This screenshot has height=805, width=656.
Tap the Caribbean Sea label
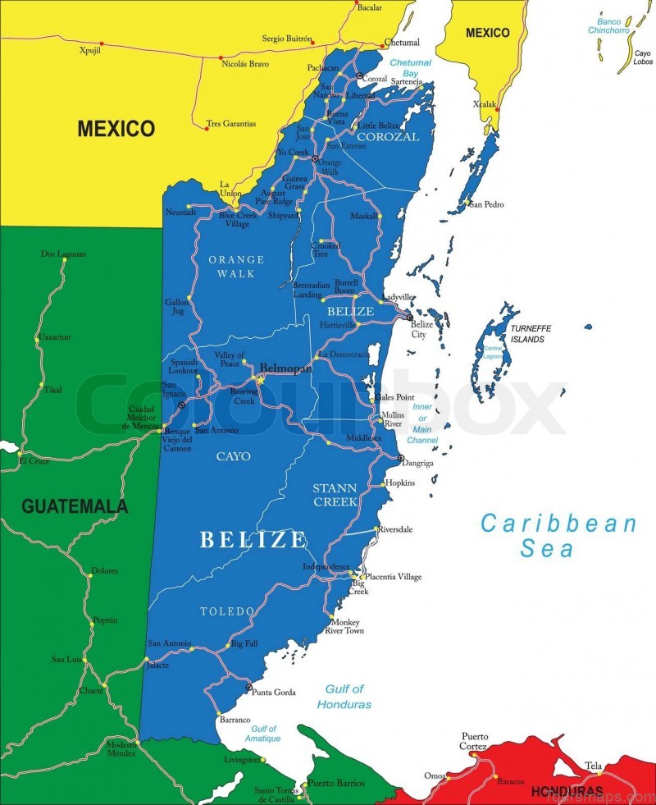(x=558, y=535)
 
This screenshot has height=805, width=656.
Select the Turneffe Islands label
(x=531, y=333)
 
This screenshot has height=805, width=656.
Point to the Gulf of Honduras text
(x=344, y=697)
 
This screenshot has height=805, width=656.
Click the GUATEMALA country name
(x=75, y=506)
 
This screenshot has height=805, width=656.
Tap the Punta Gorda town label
(x=274, y=693)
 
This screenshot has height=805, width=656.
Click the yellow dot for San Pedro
(x=467, y=202)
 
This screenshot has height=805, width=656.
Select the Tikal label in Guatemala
(x=52, y=390)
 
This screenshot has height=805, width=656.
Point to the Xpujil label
(x=89, y=50)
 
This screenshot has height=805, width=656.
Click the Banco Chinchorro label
(x=608, y=25)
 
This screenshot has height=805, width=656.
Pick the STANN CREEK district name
(x=335, y=495)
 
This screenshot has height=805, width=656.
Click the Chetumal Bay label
(x=410, y=68)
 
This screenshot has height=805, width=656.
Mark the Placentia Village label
(x=393, y=577)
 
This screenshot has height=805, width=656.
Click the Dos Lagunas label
(x=63, y=254)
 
